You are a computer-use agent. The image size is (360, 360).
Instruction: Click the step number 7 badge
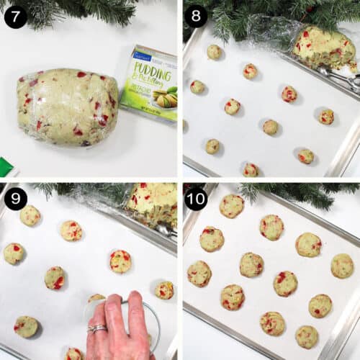pos(16,16)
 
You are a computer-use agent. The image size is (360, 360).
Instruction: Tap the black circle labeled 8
pos(196,16)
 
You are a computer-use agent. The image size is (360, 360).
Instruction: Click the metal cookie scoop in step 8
pos(338,76)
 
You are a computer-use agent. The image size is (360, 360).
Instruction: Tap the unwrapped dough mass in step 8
pos(323,48)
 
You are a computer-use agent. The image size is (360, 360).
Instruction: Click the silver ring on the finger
pos(97,328)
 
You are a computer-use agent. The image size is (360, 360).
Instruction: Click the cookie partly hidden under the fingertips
pos(96,298)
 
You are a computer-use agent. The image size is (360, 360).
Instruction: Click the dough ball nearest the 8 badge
pos(214,52)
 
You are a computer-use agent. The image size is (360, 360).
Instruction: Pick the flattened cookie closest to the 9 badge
pos(30,215)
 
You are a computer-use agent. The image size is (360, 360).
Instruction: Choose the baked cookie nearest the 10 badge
pos(232,206)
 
